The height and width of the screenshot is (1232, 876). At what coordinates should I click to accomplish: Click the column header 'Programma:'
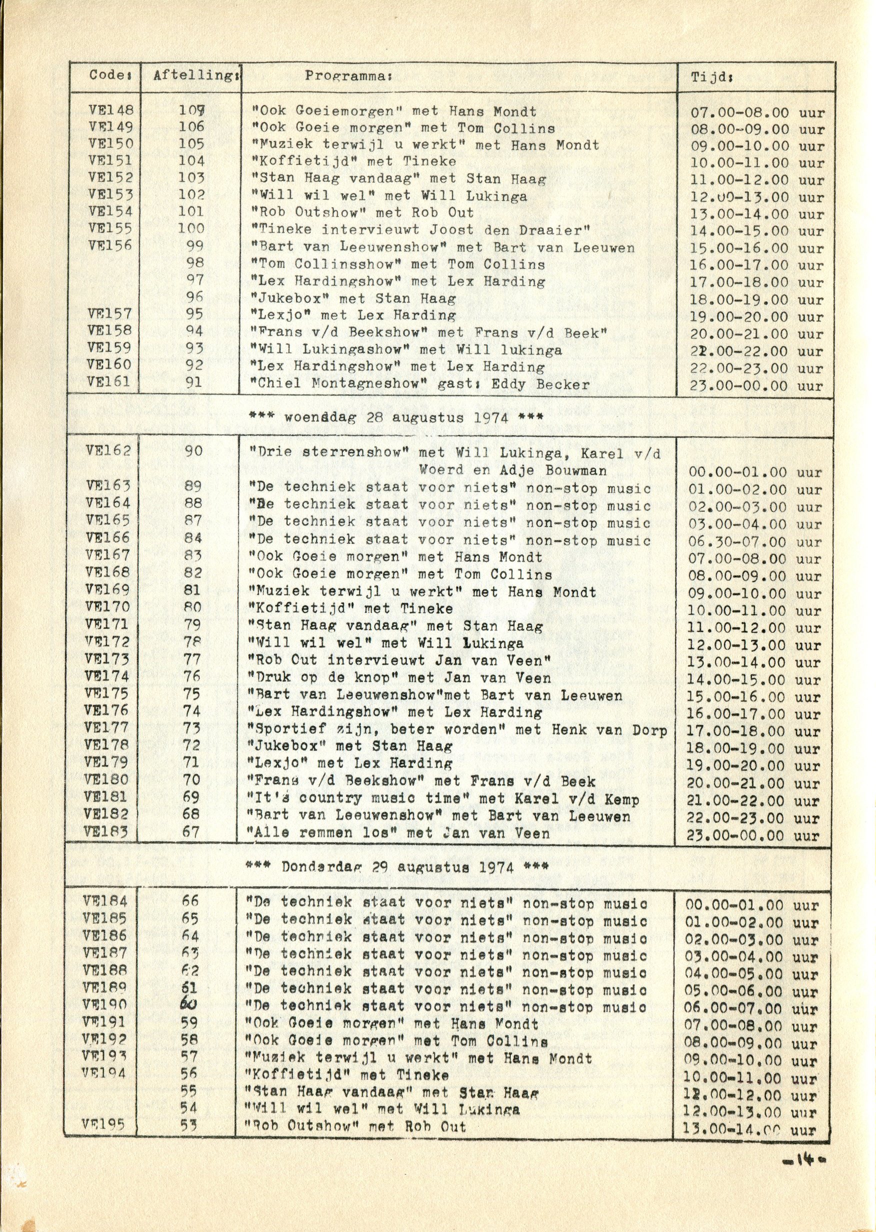pos(347,76)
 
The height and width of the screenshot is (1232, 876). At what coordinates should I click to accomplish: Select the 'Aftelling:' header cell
pos(196,75)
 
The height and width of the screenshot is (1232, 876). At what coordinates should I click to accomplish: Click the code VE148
pos(111,110)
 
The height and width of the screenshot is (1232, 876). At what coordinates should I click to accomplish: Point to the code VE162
pos(108,450)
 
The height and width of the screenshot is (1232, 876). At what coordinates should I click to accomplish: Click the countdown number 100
pos(191,228)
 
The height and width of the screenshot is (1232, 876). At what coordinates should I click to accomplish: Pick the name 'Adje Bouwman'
pos(553,470)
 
